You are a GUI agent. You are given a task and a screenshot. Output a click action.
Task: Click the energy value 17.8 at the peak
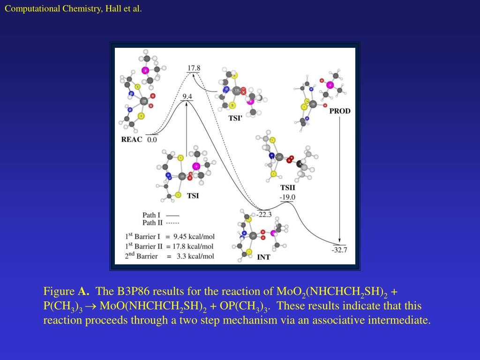[x=194, y=67]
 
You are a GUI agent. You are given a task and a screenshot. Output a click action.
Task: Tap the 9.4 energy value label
[x=187, y=97]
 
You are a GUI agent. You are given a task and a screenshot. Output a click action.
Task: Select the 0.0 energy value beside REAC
[x=152, y=140]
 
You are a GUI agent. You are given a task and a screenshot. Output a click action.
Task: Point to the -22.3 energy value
[x=264, y=215]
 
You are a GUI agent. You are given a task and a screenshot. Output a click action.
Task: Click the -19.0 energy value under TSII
[x=287, y=197]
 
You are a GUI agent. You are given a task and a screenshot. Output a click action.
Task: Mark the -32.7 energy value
[x=339, y=250]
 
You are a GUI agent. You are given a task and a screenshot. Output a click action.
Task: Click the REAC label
[x=131, y=139]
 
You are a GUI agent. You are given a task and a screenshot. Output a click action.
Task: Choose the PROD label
[x=340, y=111]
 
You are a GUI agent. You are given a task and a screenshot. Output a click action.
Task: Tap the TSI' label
[x=235, y=118]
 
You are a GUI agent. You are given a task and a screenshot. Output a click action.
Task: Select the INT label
[x=264, y=257]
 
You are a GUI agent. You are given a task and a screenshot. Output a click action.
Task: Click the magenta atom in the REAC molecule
[x=145, y=70]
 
